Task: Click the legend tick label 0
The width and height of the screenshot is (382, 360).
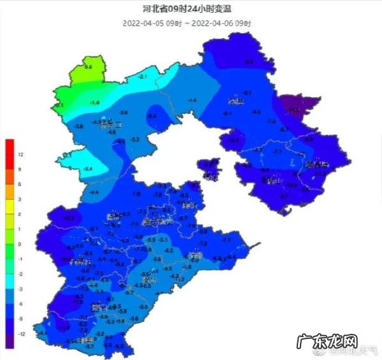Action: click(20, 244)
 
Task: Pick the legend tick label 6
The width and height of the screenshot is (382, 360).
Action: click(20, 184)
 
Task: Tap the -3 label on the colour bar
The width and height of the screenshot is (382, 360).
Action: click(20, 289)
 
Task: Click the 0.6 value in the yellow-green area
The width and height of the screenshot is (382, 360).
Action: click(88, 67)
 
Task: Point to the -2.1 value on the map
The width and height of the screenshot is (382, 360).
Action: click(143, 77)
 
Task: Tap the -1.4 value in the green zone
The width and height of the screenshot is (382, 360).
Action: click(95, 103)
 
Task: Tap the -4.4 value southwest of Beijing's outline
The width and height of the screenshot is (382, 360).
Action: click(94, 192)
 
